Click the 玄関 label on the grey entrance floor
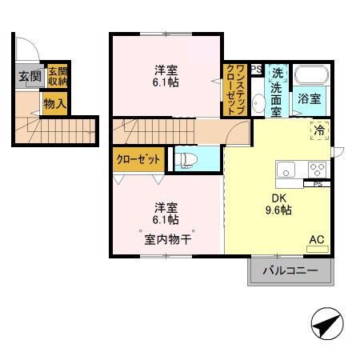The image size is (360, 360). [29, 78]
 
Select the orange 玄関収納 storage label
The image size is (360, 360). [57, 77]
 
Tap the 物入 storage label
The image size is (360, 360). [54, 104]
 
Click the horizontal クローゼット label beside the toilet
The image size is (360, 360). [138, 159]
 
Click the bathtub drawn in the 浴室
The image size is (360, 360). [311, 77]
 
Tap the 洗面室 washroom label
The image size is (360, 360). [275, 91]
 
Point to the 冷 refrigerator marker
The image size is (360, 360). [319, 131]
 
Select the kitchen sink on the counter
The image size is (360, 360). [286, 170]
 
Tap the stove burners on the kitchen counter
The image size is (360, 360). [317, 170]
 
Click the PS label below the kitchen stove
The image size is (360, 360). [318, 184]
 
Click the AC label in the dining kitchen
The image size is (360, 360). [317, 239]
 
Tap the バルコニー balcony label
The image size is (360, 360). [291, 271]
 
